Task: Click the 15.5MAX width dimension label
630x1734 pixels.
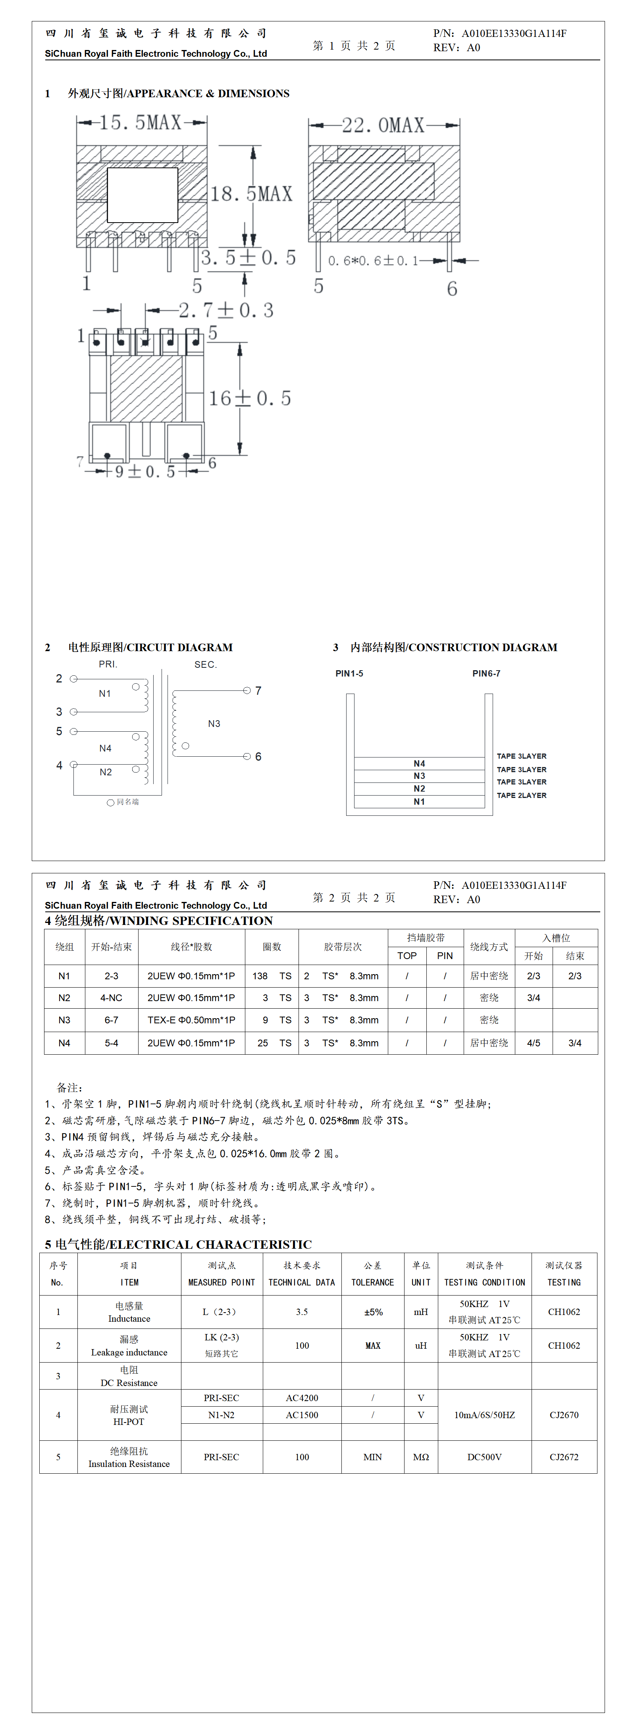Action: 140,123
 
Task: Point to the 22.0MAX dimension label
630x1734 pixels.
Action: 383,125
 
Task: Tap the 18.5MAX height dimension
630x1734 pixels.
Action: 251,194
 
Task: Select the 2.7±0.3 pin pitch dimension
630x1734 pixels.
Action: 226,310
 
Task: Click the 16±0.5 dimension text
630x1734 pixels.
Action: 249,398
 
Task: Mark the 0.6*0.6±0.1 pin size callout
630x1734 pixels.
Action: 373,261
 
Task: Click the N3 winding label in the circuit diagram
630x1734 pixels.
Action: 214,724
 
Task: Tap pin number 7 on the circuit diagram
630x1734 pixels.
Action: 258,691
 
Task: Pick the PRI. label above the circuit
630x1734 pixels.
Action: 108,664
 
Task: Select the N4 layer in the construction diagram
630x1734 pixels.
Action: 419,763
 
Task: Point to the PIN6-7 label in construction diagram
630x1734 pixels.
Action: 486,673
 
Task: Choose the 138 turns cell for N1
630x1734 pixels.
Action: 260,976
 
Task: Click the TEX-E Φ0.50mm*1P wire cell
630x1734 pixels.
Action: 191,1020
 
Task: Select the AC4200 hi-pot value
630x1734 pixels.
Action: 302,1398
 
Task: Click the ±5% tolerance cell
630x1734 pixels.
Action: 373,1312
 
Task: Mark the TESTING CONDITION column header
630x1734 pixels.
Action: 484,1282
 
